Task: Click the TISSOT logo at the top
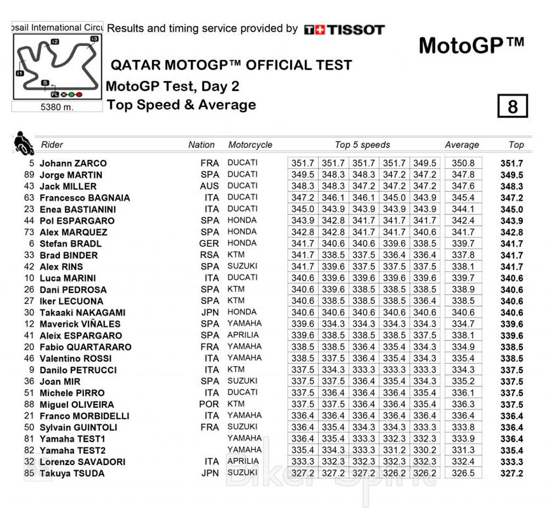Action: click(x=344, y=30)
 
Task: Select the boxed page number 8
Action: click(x=512, y=106)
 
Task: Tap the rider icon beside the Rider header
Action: click(x=23, y=143)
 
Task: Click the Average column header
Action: click(x=462, y=145)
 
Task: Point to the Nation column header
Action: click(x=201, y=145)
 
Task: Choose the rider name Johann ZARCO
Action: click(x=73, y=163)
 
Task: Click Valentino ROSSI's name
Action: click(x=75, y=358)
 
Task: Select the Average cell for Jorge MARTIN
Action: click(x=463, y=175)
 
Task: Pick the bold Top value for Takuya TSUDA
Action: click(x=512, y=473)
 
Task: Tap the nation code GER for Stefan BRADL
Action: click(x=209, y=244)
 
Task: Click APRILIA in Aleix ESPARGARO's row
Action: click(x=242, y=335)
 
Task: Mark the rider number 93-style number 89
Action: click(x=29, y=175)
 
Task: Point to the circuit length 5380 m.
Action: click(x=57, y=107)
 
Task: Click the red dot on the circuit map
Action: click(x=79, y=95)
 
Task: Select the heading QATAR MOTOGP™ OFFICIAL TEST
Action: click(x=231, y=65)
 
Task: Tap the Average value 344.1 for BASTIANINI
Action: click(x=463, y=209)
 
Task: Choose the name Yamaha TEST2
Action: click(x=72, y=450)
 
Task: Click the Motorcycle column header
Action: click(x=250, y=145)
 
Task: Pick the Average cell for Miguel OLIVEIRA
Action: click(x=463, y=405)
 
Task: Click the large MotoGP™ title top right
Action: click(x=471, y=46)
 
